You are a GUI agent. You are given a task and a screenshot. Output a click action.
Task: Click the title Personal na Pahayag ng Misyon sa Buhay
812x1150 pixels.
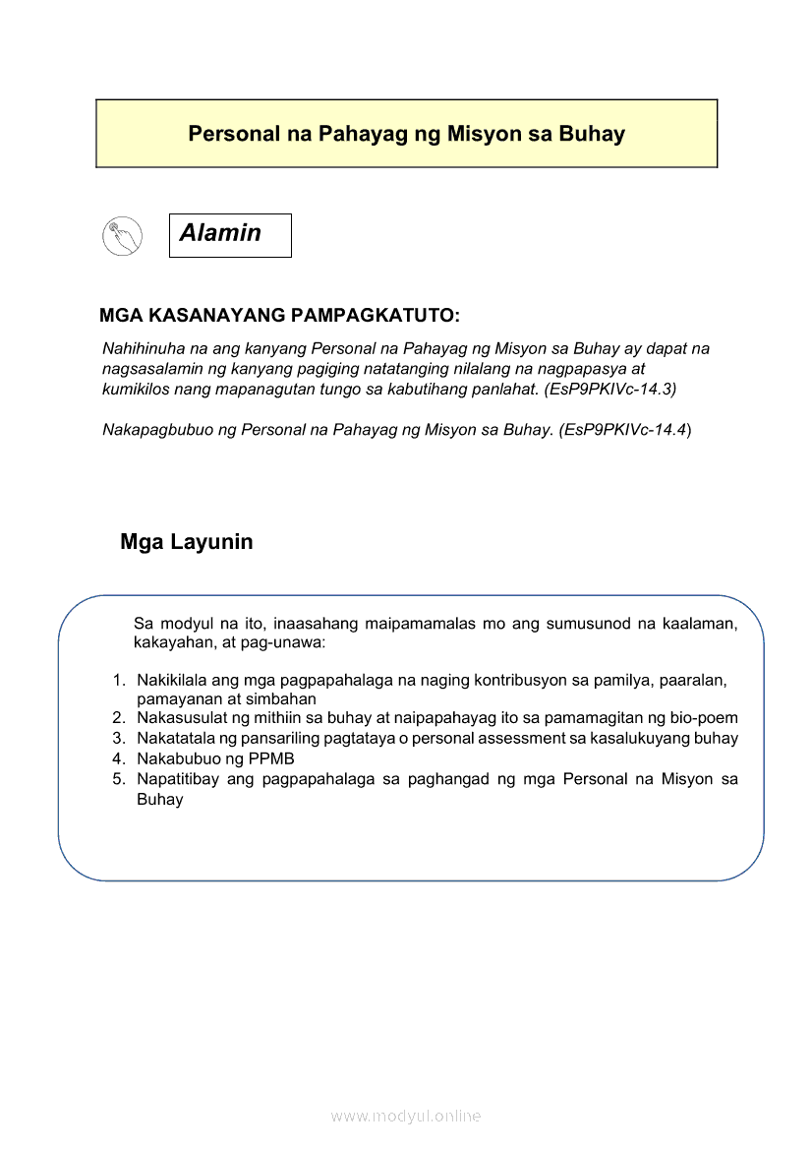coord(406,134)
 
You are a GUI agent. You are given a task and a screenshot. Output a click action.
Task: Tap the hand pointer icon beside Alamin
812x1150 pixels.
coord(122,236)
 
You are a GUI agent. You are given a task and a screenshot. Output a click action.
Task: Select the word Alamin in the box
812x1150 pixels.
coord(220,233)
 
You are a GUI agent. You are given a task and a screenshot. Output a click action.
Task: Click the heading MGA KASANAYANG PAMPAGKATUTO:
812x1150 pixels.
coord(280,316)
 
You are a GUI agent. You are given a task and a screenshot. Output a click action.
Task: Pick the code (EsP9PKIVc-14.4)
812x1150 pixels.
coord(625,430)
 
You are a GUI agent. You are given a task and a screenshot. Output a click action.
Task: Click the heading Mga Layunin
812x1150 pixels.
coord(187,542)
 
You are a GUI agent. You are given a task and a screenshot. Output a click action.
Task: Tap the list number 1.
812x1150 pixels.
coord(118,680)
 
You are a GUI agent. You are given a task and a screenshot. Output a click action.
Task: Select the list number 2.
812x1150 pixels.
coord(118,718)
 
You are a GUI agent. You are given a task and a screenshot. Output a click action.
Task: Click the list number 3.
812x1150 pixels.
coord(118,738)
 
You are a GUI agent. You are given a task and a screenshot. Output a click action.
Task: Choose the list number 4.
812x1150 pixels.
coord(118,758)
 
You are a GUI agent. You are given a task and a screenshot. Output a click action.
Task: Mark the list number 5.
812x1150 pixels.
coord(118,779)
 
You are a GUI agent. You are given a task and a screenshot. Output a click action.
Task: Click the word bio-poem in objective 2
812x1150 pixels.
coord(704,718)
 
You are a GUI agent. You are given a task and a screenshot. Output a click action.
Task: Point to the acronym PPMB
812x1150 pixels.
coord(274,758)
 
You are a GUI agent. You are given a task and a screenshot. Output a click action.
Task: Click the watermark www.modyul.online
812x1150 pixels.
coord(406,1116)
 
